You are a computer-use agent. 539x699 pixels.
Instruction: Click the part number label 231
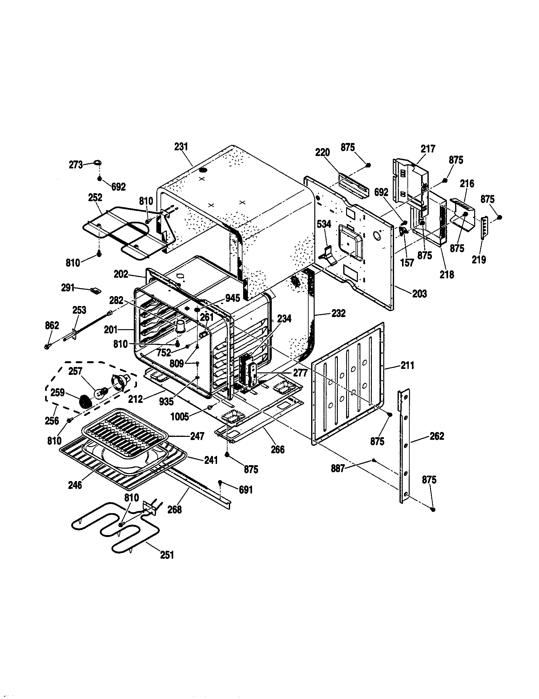point(181,147)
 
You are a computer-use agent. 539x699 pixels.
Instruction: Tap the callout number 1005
point(180,417)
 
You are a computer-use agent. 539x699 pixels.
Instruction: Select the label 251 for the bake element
point(167,555)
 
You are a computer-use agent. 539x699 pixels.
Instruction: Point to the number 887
point(338,469)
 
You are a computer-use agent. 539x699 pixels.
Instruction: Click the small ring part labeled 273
point(98,163)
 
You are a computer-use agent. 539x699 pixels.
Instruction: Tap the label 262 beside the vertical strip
point(437,436)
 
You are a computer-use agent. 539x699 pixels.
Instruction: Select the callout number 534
point(324,224)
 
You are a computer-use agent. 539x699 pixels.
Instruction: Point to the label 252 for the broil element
point(95,197)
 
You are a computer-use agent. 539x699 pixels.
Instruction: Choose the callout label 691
point(246,490)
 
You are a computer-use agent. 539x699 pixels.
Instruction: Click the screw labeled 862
point(47,346)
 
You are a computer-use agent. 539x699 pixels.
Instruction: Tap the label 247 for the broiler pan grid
point(197,436)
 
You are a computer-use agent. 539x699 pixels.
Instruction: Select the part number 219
point(479,260)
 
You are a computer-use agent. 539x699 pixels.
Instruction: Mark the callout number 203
point(420,294)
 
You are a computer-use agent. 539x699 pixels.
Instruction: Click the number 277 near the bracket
point(300,373)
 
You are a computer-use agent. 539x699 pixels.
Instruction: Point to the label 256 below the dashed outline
point(52,420)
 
